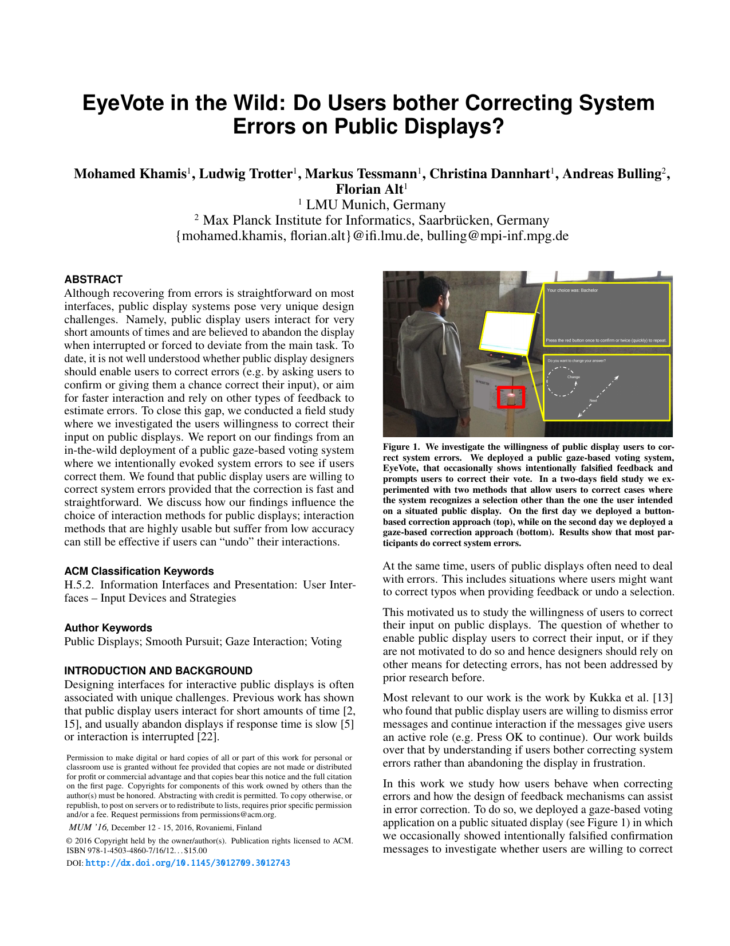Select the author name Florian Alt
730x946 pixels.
point(369,190)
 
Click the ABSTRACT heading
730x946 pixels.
point(93,280)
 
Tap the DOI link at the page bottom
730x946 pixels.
point(188,863)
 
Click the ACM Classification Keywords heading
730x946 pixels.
point(139,571)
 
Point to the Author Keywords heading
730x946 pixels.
point(108,628)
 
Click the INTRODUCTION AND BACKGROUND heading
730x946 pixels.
point(159,671)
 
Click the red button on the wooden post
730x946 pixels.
point(511,397)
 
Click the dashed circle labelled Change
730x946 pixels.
point(562,381)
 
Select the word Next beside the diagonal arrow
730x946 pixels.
point(593,401)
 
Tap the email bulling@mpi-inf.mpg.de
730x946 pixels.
point(498,236)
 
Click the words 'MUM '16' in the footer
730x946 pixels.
point(88,827)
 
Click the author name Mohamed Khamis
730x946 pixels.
point(131,174)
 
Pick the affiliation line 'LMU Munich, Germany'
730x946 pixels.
point(375,205)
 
